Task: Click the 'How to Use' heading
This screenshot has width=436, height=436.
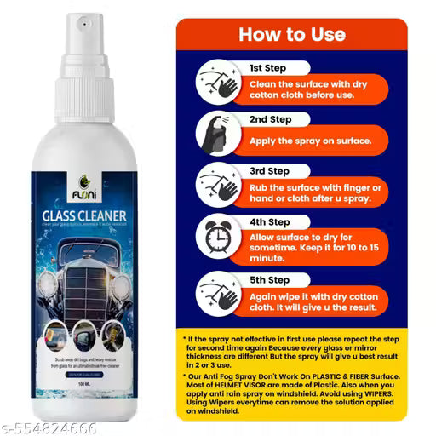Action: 291,35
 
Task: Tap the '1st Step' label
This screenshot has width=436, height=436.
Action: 267,66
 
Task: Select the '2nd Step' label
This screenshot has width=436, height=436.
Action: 270,120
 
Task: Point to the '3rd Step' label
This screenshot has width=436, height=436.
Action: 270,170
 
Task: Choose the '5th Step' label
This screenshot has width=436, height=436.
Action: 269,278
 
